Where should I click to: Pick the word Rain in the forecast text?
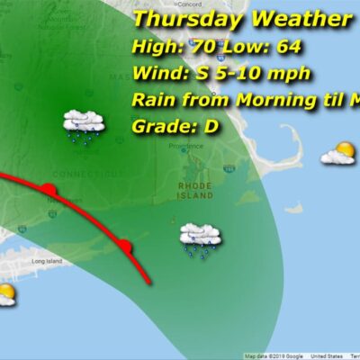152,99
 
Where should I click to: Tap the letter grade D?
211,126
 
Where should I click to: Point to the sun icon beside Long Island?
5,293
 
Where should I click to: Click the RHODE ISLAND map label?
194,190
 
